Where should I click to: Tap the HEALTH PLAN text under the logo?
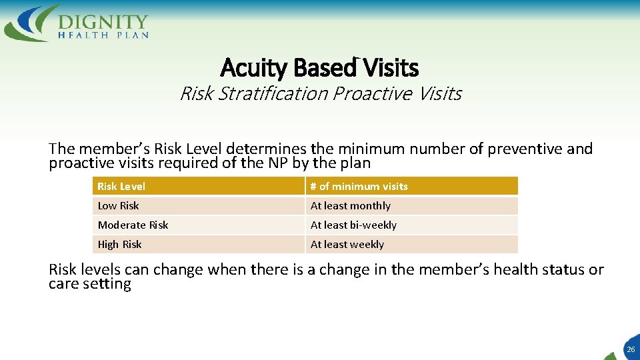coord(103,35)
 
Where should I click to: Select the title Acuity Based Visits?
coord(319,67)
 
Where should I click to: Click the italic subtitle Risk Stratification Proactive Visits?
coord(320,93)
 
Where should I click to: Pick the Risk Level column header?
coord(121,187)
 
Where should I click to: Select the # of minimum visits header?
coord(359,187)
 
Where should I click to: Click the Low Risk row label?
coord(119,206)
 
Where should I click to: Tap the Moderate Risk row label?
coord(133,225)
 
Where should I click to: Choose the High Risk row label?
coord(120,245)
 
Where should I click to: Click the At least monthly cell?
coord(351,206)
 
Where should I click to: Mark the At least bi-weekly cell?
coord(353,225)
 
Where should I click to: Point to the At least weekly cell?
coord(347,245)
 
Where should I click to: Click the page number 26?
coord(631,349)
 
